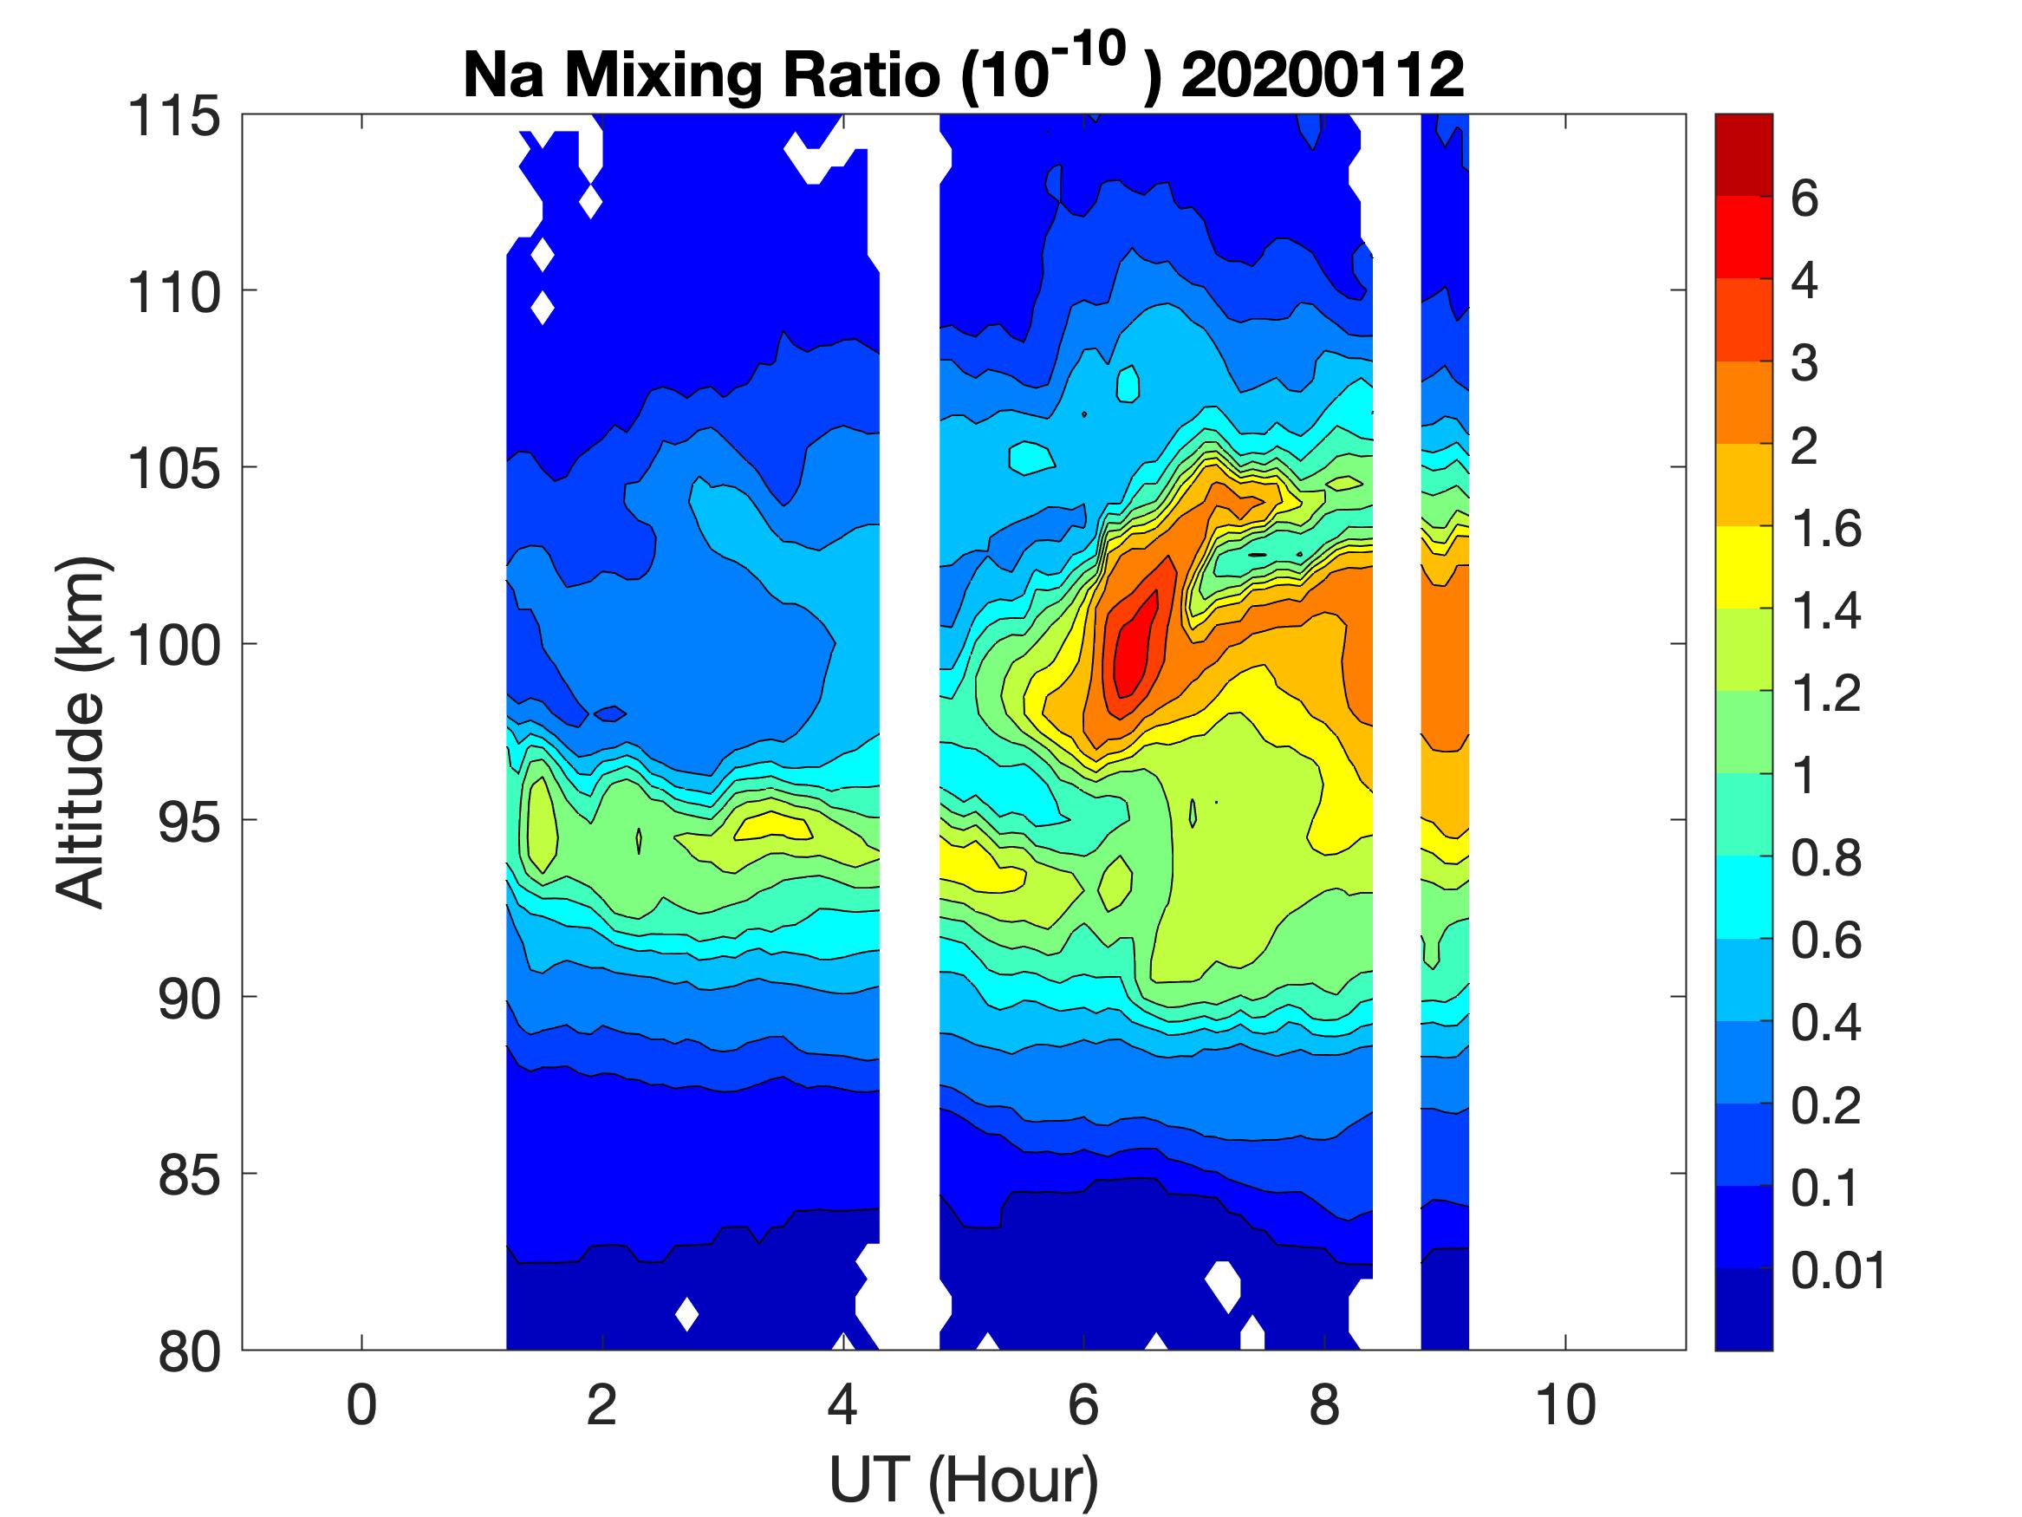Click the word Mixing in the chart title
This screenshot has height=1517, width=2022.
tap(662, 77)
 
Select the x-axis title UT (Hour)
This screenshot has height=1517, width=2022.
tap(963, 1479)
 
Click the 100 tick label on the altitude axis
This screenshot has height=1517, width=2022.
tap(174, 646)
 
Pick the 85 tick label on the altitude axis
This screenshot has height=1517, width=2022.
tap(189, 1175)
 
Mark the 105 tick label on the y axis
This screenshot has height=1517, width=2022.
tap(174, 469)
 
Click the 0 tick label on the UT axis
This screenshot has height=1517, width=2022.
tap(362, 1405)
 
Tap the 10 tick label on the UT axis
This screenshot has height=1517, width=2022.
tap(1566, 1405)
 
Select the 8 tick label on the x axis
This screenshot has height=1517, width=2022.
tap(1324, 1405)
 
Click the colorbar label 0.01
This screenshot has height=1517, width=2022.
tap(1838, 1271)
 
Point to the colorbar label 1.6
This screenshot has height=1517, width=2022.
tap(1825, 529)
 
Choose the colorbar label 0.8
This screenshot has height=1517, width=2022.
tap(1825, 860)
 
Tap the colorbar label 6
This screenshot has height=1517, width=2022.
tap(1804, 199)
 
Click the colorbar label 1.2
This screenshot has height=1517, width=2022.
tap(1825, 694)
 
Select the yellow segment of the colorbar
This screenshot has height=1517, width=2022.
tap(1743, 567)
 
